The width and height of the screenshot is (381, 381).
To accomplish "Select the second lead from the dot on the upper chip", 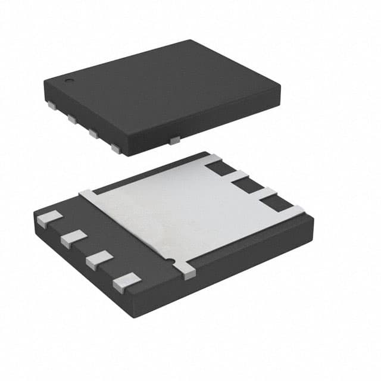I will tap(73, 120).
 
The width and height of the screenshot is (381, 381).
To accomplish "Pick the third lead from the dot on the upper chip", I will tap(93, 133).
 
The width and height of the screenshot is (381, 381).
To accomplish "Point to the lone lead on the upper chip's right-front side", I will tap(174, 140).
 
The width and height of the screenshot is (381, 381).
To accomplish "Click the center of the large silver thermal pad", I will tap(185, 214).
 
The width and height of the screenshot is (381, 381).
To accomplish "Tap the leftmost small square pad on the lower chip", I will tap(48, 219).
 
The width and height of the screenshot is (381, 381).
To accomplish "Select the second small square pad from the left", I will tap(73, 238).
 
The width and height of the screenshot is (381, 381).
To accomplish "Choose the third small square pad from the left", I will tap(99, 259).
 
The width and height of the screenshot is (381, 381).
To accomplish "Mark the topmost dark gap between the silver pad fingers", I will tap(222, 168).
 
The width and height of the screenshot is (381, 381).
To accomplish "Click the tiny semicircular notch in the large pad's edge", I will tap(171, 261).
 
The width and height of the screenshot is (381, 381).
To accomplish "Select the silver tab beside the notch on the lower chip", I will tap(186, 270).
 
